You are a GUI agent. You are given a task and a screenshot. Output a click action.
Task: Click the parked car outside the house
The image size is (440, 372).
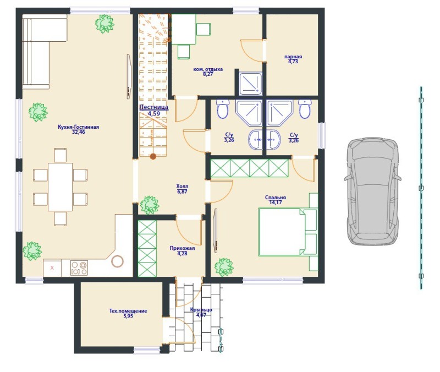(x=373, y=191)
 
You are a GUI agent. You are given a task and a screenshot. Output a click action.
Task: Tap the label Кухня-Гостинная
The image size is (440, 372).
(x=78, y=127)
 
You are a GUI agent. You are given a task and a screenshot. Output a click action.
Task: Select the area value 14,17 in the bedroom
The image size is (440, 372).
(x=276, y=203)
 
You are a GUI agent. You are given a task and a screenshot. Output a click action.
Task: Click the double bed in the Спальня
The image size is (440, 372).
(x=288, y=232)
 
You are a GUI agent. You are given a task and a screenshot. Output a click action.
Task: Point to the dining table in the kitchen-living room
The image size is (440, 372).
(x=61, y=187)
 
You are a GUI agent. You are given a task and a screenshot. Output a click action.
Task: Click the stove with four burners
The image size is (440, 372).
(x=79, y=268)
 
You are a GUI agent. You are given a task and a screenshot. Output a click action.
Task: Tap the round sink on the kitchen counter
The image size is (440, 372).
(x=117, y=261)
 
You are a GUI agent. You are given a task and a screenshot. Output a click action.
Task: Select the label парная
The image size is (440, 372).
(x=293, y=57)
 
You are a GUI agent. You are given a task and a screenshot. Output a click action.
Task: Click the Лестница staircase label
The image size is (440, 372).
(x=154, y=107)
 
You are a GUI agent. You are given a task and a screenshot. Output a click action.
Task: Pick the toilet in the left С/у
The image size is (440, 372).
(x=223, y=109)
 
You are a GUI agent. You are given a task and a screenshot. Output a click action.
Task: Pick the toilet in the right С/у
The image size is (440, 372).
(x=305, y=109)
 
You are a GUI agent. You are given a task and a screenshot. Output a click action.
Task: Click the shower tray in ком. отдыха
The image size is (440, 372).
(x=251, y=84)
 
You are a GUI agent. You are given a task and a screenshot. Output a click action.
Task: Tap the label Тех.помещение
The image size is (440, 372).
(x=128, y=311)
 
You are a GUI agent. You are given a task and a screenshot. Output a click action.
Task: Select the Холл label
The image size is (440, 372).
(x=182, y=186)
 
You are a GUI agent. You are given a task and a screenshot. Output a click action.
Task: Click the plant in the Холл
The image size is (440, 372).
(x=149, y=205)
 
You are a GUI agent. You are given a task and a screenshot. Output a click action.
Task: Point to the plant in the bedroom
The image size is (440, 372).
(x=224, y=267)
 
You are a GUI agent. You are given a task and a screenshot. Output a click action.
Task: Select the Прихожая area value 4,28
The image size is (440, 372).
(x=182, y=254)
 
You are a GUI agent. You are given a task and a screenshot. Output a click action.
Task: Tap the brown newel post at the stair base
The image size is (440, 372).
(x=153, y=156)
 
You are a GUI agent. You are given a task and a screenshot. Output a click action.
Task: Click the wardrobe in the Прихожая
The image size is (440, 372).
(x=147, y=249)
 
